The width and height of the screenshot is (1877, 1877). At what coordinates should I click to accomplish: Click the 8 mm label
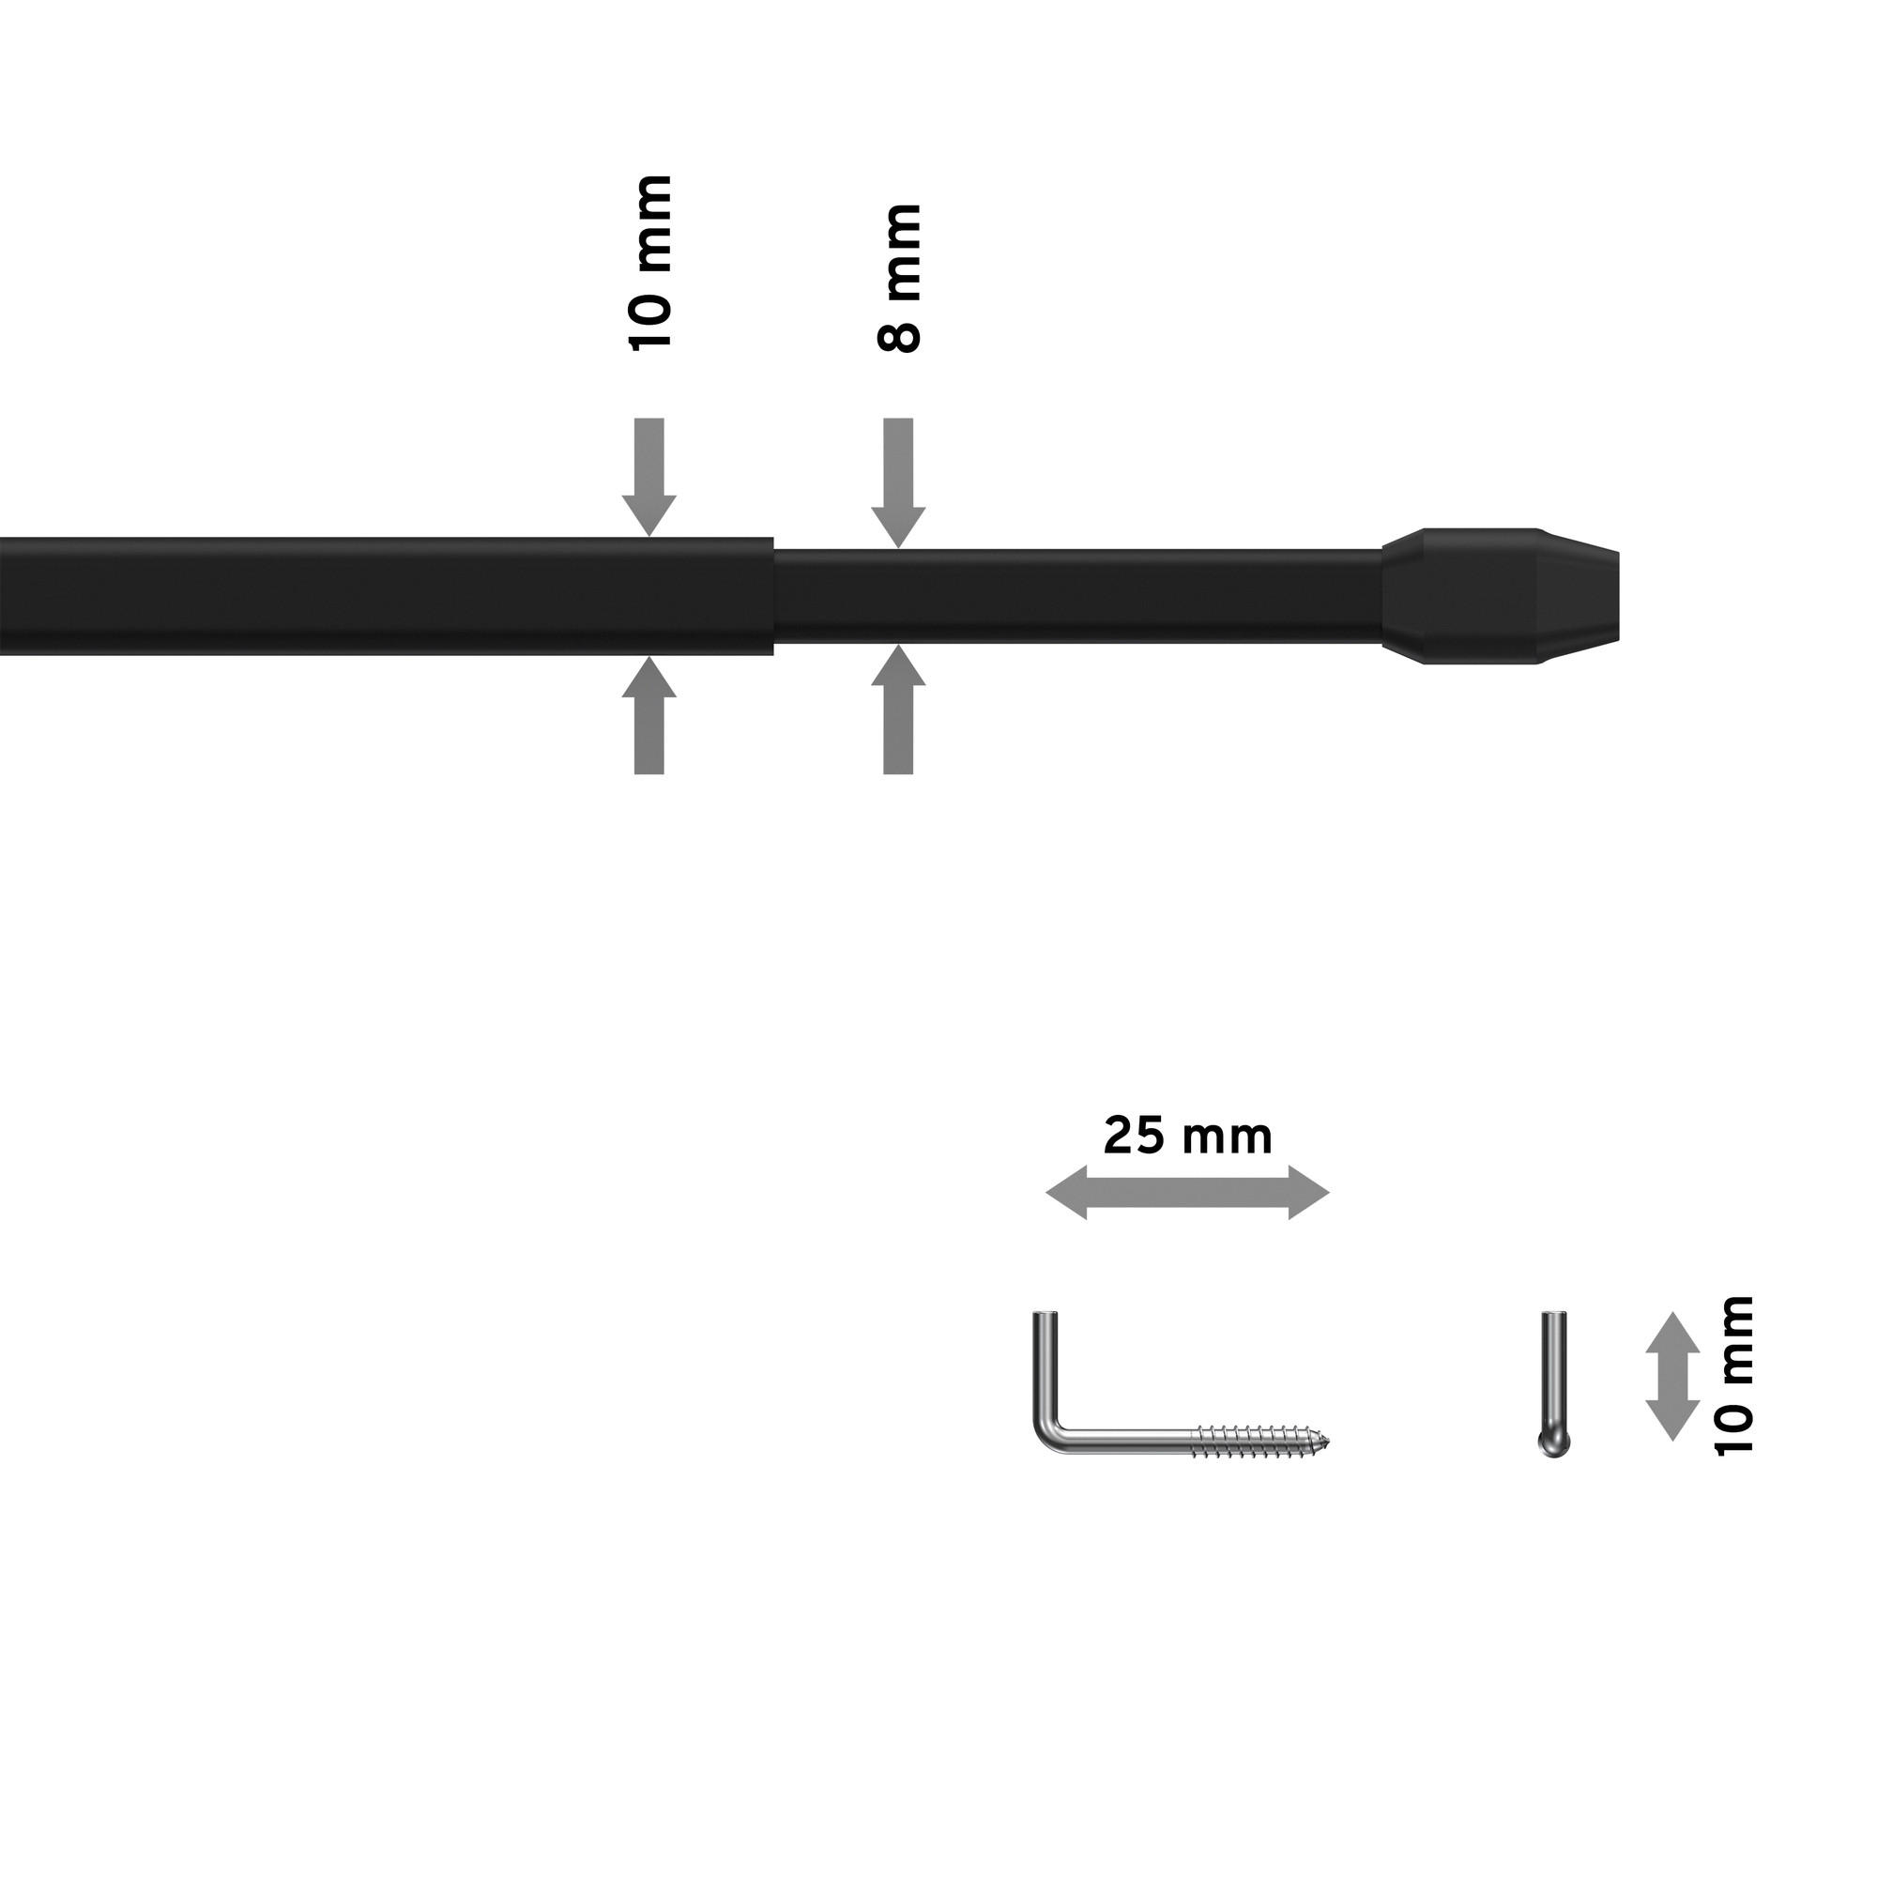click(x=899, y=278)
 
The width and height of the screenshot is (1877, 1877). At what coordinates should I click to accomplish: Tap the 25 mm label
click(x=1187, y=1136)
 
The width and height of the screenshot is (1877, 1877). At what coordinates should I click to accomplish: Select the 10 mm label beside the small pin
click(x=1735, y=1376)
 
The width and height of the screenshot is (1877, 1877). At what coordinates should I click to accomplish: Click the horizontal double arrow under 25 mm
click(x=1187, y=1192)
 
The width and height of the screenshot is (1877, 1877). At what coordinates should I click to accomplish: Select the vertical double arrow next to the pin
click(x=1672, y=1376)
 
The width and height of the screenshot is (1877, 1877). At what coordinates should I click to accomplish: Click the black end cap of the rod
click(x=1501, y=597)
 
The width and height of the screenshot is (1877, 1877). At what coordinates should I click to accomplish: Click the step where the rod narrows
click(x=773, y=597)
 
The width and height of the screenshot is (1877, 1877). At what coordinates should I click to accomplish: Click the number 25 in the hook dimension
click(x=1135, y=1136)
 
